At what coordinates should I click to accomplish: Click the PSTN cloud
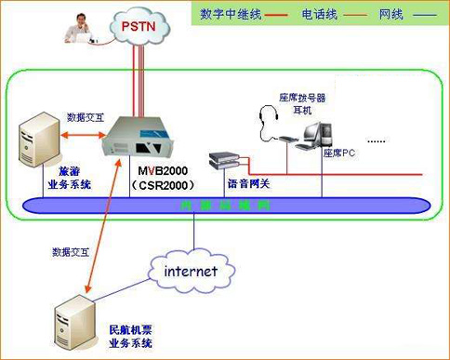click(141, 27)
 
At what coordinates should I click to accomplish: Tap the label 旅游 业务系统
click(70, 178)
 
